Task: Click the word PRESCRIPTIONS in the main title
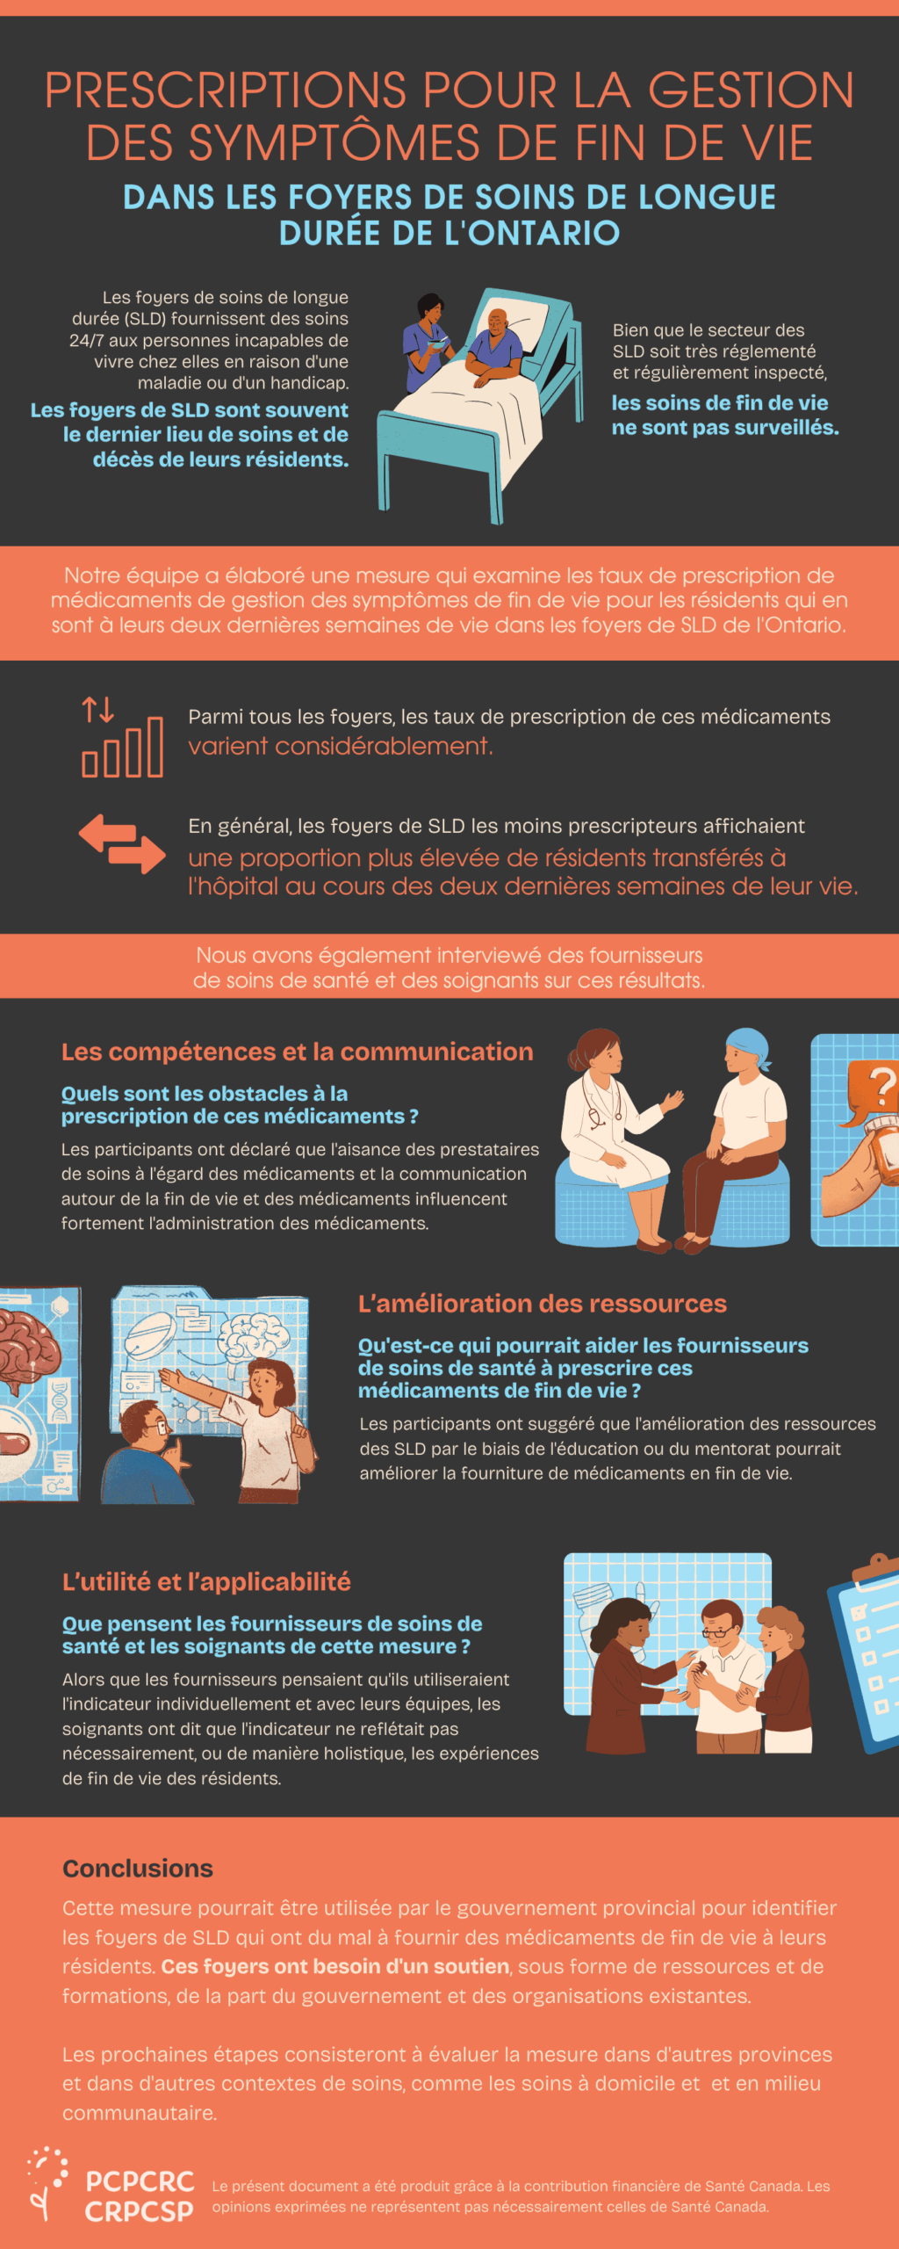(226, 90)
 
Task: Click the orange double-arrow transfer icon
(122, 843)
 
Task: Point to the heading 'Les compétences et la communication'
(297, 1052)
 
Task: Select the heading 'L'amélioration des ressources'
(543, 1304)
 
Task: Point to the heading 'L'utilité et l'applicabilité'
(206, 1582)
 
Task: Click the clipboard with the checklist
(865, 1652)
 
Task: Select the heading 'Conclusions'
(138, 1869)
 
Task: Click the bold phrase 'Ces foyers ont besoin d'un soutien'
(335, 1966)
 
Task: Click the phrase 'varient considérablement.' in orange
(341, 746)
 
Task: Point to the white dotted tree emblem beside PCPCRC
(46, 2183)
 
